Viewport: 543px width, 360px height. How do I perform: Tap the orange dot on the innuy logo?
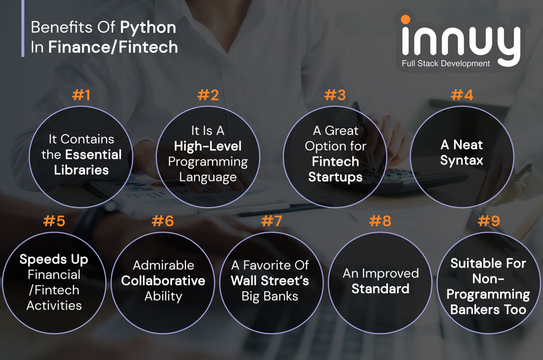[x=405, y=19]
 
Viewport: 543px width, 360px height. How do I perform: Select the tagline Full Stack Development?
[x=445, y=64]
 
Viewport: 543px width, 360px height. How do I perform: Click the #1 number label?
[x=81, y=95]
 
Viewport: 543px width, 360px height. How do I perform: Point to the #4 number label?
[x=462, y=95]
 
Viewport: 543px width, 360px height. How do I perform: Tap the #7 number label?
[x=271, y=221]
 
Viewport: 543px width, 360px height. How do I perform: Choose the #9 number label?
[x=489, y=221]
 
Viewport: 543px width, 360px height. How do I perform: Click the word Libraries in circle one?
[x=81, y=170]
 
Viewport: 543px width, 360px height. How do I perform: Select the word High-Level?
[x=208, y=146]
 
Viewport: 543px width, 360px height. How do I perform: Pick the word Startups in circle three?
[x=335, y=177]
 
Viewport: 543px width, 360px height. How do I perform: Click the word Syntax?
[x=462, y=161]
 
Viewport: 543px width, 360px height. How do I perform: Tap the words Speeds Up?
[x=54, y=260]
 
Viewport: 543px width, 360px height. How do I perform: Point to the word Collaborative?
[x=163, y=281]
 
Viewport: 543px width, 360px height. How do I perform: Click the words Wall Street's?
[x=270, y=281]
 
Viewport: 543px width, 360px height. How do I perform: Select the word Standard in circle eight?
[x=380, y=289]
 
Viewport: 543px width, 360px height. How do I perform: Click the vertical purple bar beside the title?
[x=23, y=28]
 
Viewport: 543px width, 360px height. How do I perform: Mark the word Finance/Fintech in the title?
[x=113, y=47]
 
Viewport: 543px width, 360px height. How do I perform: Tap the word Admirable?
[x=163, y=265]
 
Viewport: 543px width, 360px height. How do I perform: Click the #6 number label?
[x=163, y=221]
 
